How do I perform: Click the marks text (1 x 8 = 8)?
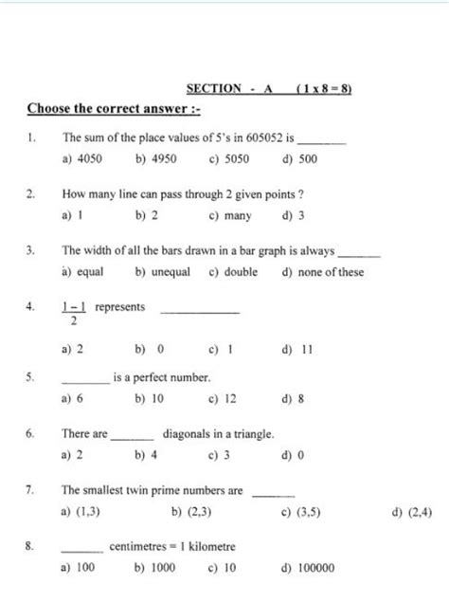[324, 88]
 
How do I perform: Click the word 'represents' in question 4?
[120, 307]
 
